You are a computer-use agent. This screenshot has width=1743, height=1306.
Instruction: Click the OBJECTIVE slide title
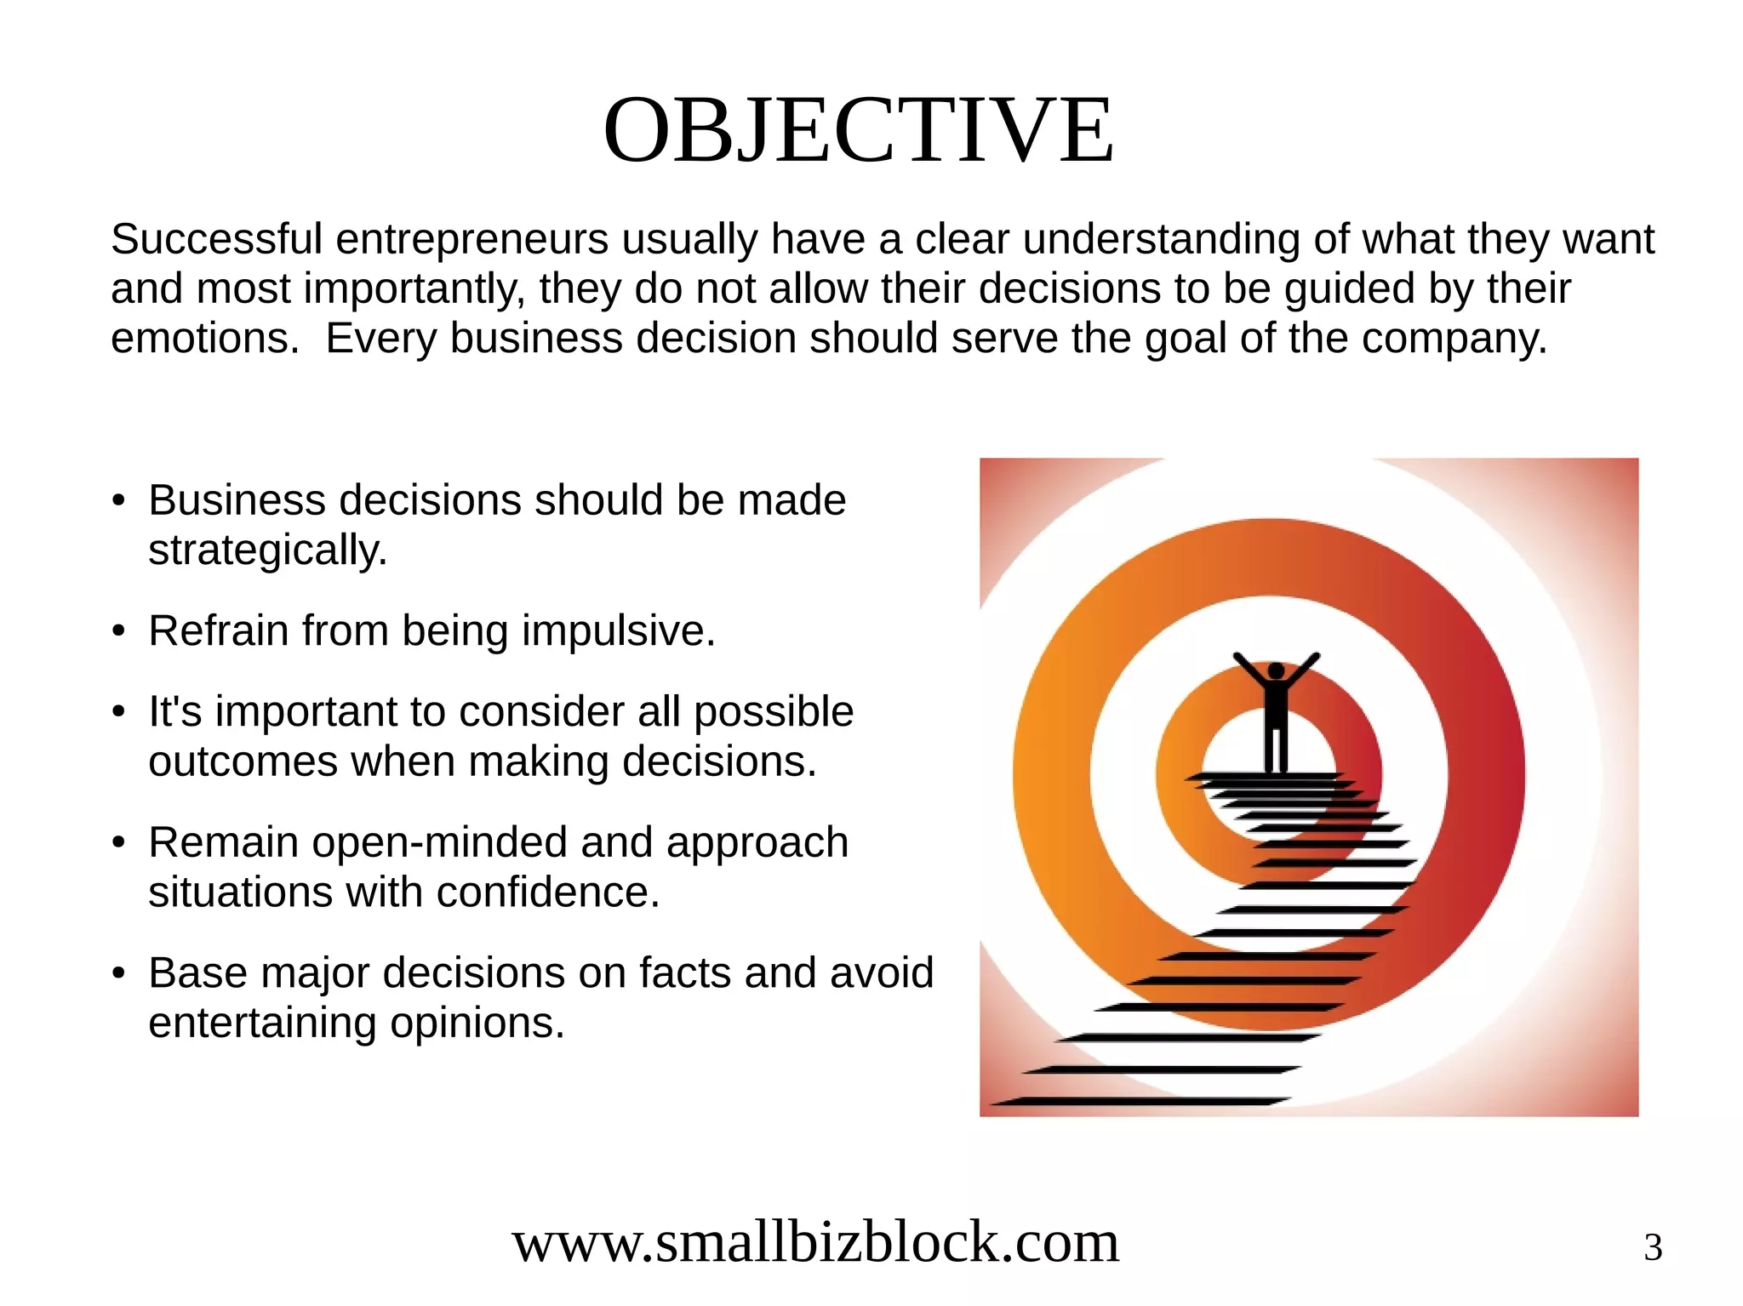(858, 130)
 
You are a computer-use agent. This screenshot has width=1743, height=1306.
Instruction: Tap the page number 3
(1652, 1248)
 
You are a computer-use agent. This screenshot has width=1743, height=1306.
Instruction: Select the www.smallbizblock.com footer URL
(815, 1242)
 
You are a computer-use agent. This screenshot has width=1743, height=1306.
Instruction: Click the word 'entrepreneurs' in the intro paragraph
(471, 239)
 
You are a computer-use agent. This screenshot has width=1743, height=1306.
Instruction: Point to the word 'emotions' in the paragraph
(203, 339)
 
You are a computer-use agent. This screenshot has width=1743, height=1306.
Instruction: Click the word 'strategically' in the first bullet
(266, 550)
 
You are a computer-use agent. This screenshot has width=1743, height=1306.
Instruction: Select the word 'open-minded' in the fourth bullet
(442, 842)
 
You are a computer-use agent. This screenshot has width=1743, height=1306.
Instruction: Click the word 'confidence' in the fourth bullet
(547, 893)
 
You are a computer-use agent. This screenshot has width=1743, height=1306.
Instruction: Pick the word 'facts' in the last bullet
(686, 972)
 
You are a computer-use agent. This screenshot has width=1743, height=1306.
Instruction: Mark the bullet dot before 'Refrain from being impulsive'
(119, 632)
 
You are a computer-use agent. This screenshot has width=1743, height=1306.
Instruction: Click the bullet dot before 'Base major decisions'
(119, 973)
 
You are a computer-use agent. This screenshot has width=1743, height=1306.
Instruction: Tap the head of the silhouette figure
(1276, 671)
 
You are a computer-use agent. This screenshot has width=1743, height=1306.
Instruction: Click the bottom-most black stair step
(1140, 1102)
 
